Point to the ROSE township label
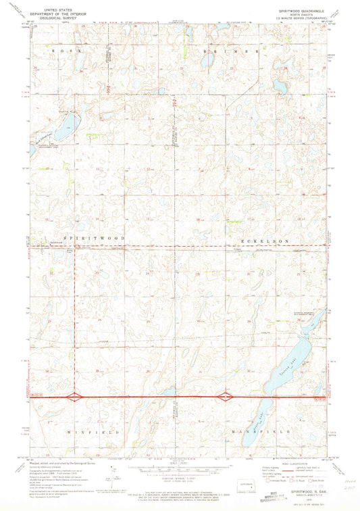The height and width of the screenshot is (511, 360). (x=68, y=51)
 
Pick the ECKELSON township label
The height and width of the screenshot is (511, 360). (x=265, y=241)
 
